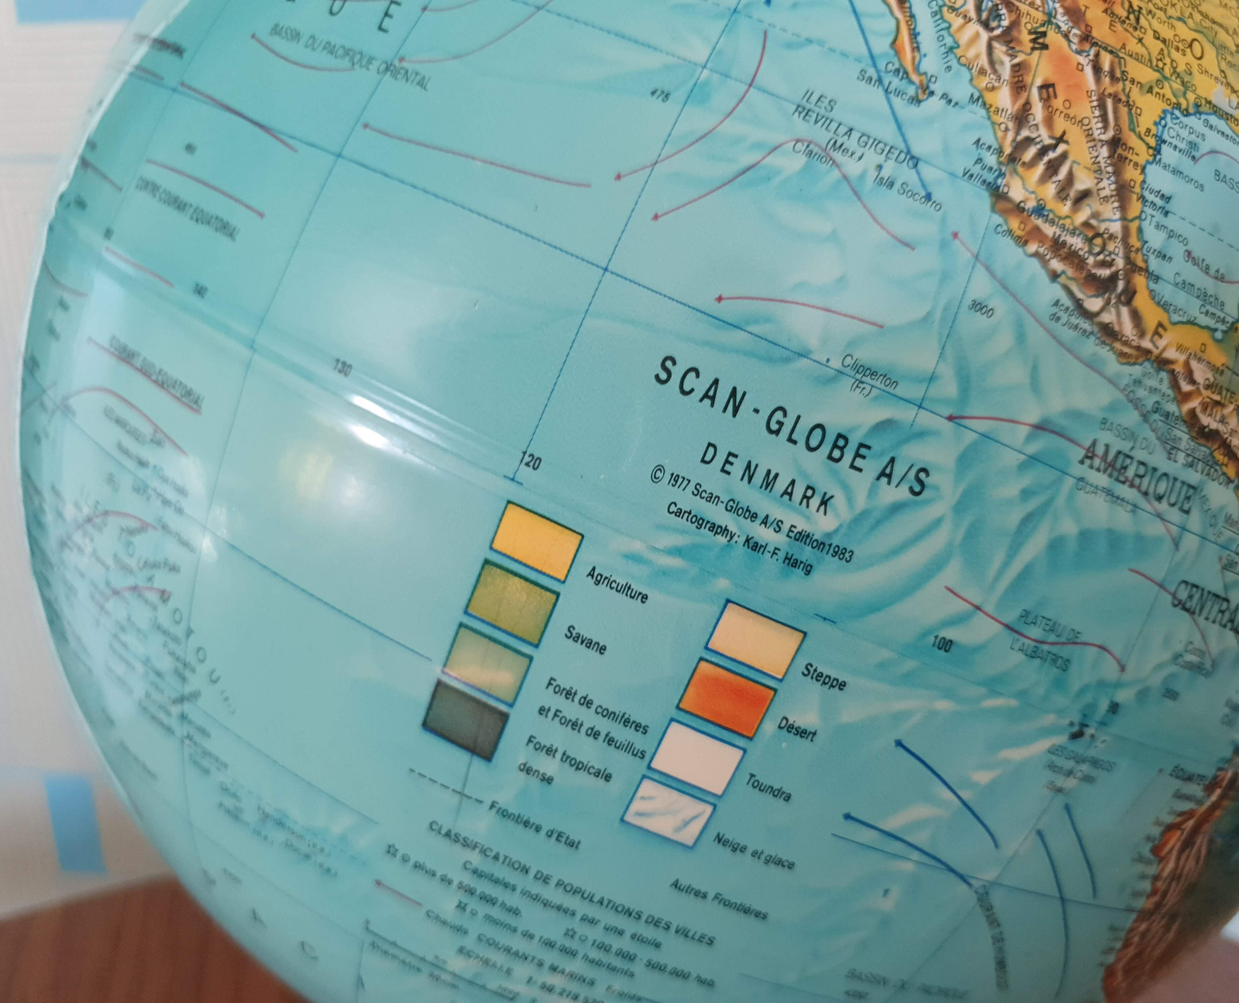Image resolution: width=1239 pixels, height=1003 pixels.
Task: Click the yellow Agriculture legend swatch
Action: (x=536, y=539)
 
